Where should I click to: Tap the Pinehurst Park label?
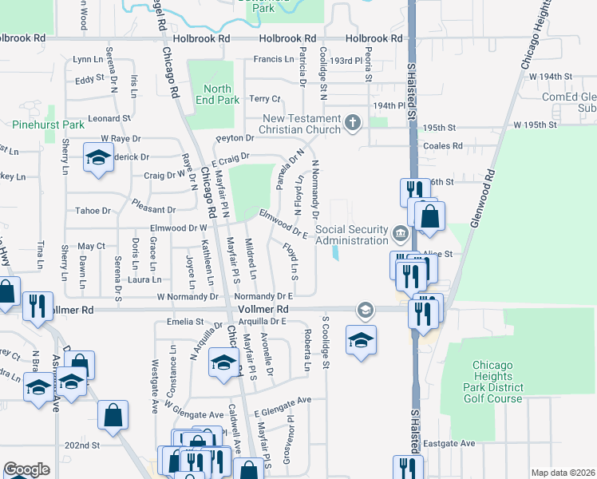coord(48,125)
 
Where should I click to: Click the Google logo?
coord(26,469)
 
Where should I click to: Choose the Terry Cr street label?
coord(265,99)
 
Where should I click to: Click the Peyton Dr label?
coord(233,138)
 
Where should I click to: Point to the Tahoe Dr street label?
coord(93,211)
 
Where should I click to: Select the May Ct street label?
coord(91,246)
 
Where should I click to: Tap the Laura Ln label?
coord(144,279)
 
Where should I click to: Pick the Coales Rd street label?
coord(443,146)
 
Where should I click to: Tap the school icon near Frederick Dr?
coord(98,158)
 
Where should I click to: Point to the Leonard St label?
coord(109,118)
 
